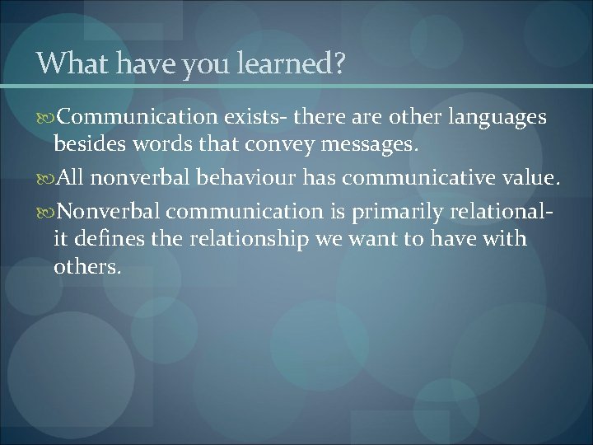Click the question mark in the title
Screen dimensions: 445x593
[339, 63]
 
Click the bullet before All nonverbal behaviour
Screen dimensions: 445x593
[45, 176]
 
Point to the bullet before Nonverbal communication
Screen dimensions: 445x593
[45, 212]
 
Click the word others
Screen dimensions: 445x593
[86, 268]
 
